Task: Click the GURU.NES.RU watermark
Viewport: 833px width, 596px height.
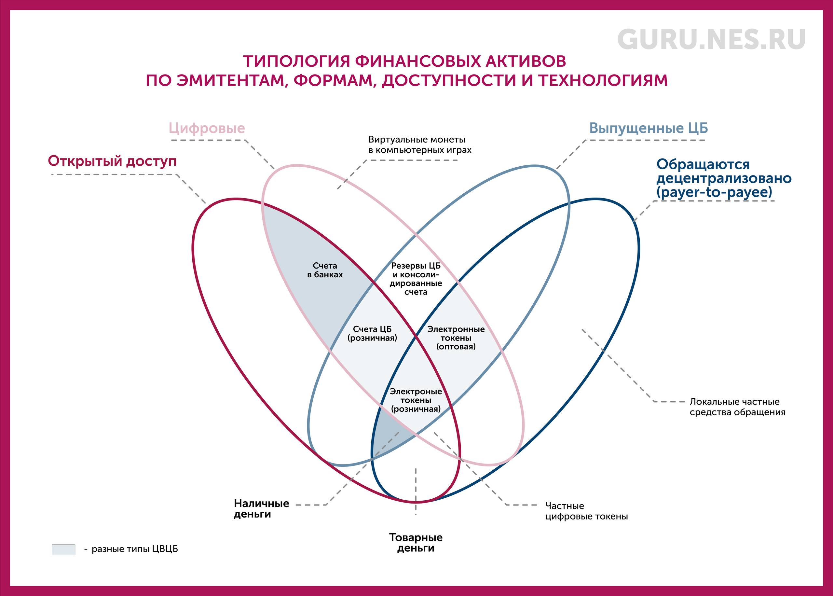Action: tap(711, 40)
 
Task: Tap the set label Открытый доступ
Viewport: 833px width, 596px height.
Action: tap(112, 161)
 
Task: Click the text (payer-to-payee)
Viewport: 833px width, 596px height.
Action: tap(714, 192)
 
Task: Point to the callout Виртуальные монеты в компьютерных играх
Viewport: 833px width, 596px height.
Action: tap(420, 145)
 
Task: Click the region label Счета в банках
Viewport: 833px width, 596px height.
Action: tap(325, 270)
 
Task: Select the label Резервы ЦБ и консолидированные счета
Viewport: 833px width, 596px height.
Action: tap(416, 279)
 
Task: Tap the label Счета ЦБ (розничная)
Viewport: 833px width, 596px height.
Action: tap(372, 334)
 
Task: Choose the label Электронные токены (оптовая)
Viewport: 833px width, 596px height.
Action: tap(456, 338)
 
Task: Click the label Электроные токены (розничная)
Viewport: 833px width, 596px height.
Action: tap(416, 400)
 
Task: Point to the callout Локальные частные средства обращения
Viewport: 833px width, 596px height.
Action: tap(737, 407)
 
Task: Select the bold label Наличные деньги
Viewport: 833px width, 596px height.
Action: tap(262, 509)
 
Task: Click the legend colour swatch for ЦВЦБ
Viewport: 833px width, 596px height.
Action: tap(63, 549)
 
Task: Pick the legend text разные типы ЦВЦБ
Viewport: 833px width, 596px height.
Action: tap(135, 549)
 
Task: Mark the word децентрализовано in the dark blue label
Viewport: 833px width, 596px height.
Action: tap(724, 179)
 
